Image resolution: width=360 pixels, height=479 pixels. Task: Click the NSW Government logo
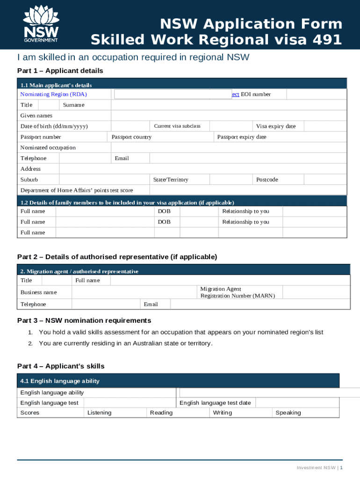coord(41,24)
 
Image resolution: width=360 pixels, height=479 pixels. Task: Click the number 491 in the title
coord(325,40)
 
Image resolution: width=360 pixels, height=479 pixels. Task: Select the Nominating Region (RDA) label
coord(53,94)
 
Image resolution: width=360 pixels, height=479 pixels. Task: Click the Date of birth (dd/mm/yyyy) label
coord(54,126)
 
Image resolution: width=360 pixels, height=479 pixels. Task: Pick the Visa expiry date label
coord(275,126)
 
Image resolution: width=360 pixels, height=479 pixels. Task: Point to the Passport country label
coord(131,137)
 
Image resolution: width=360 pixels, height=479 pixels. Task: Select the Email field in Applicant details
coord(248,159)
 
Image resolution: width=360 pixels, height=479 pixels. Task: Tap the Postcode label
coord(266,180)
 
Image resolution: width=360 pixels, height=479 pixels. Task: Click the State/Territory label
coord(171,180)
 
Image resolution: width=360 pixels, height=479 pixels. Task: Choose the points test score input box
coord(248,190)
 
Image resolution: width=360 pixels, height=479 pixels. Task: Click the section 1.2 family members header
coord(127,203)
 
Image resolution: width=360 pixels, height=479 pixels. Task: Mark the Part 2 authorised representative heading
coord(117,257)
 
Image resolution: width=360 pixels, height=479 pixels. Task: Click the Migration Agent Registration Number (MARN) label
coord(238,292)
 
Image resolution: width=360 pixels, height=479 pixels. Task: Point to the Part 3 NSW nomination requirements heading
coord(84,320)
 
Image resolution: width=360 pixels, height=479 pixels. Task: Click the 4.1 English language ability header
coord(60,381)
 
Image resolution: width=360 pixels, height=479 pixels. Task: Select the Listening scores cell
coord(99,413)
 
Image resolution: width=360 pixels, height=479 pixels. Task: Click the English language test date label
coord(215,403)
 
